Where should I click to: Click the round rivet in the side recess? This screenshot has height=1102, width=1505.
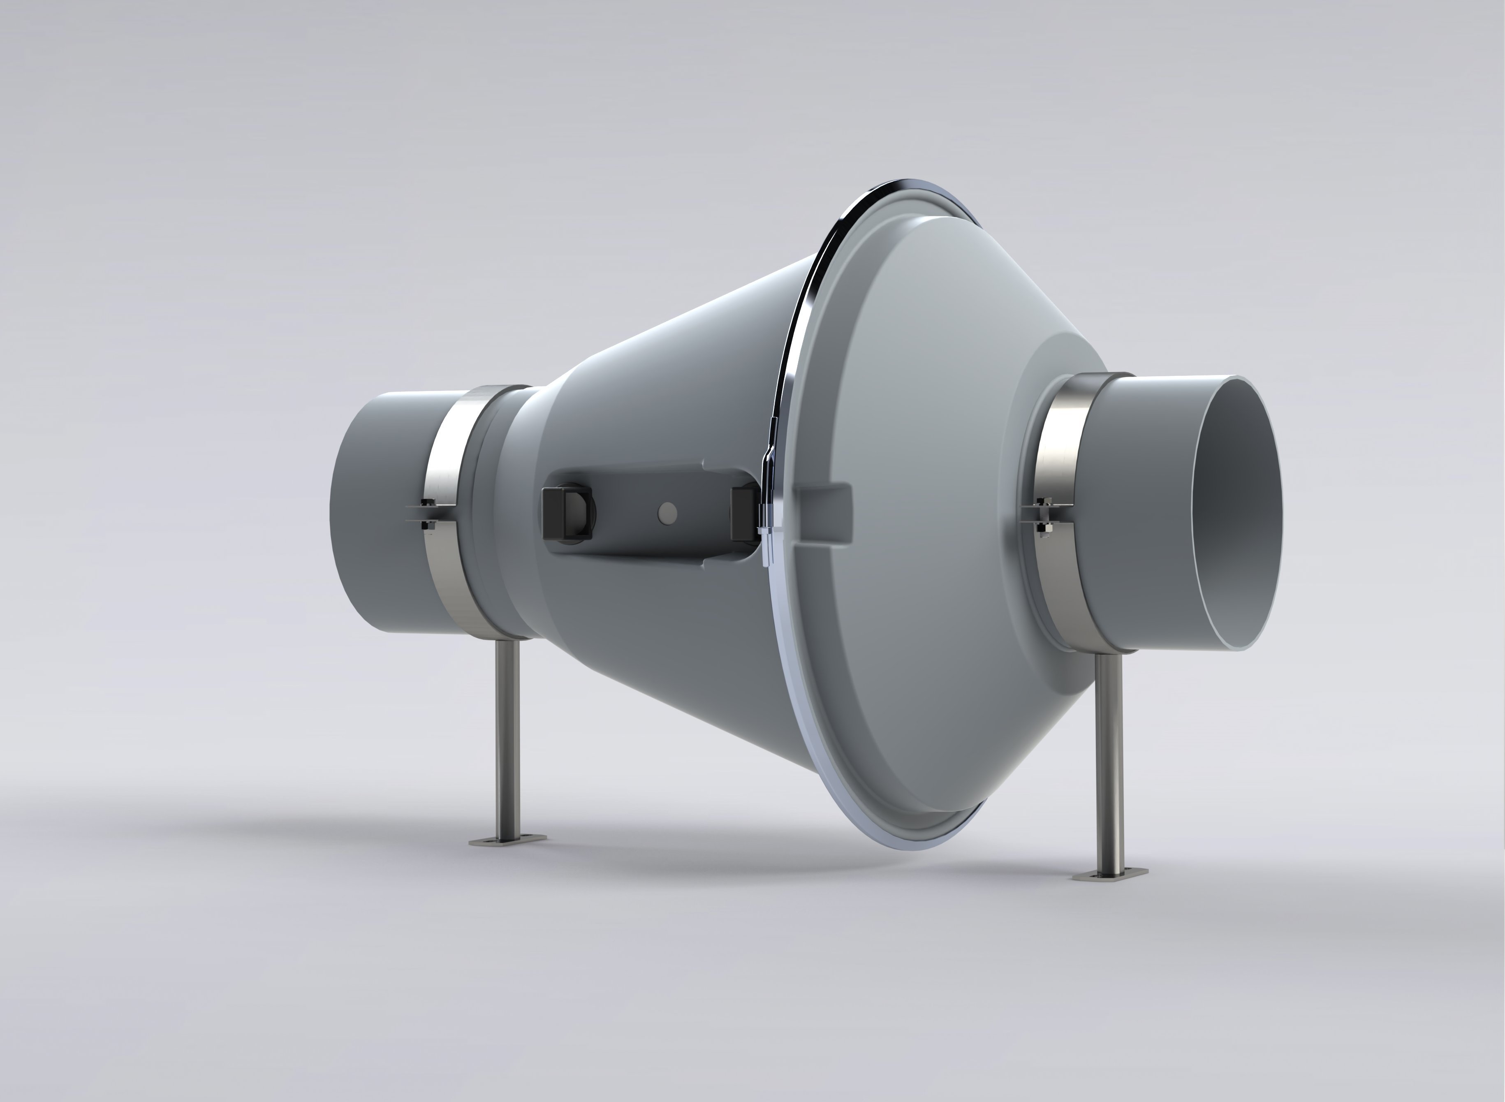click(667, 512)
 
